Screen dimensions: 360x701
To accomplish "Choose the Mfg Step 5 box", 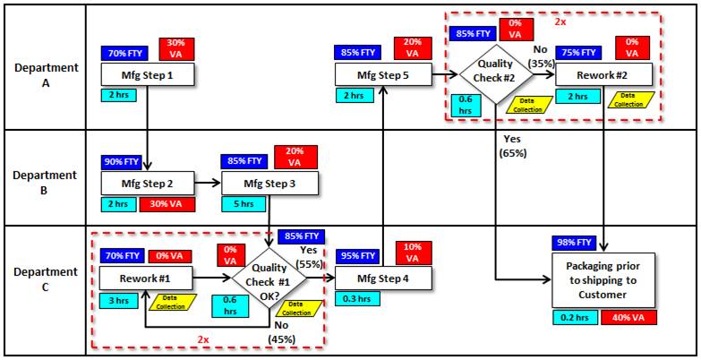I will (382, 75).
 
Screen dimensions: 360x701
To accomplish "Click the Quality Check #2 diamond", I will (494, 71).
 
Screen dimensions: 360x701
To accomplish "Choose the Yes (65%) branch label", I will (514, 146).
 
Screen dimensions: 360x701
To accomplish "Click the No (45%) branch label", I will (282, 332).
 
